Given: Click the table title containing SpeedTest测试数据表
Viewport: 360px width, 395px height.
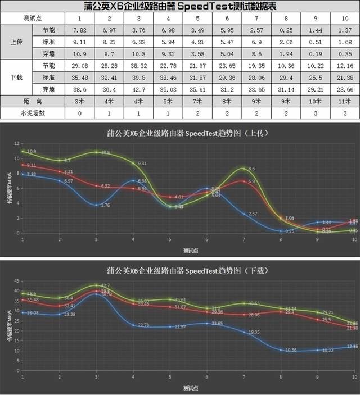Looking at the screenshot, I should click(180, 6).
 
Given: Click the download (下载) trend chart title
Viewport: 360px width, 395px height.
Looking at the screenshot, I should click(180, 271).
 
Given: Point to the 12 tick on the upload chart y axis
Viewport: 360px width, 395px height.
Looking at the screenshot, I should click(17, 143).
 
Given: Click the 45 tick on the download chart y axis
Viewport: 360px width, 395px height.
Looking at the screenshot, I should click(17, 281).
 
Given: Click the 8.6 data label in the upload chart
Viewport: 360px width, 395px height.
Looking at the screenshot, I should click(251, 169).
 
